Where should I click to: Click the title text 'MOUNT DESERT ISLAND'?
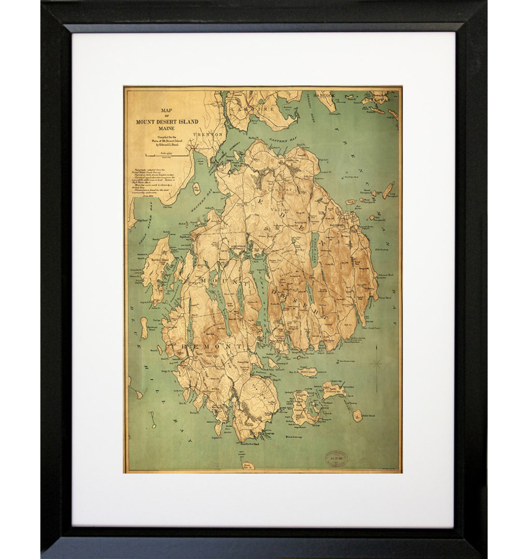click(x=167, y=122)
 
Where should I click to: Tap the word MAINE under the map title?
click(x=167, y=128)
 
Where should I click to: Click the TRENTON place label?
click(x=207, y=135)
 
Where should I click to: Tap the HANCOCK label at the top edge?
click(x=326, y=95)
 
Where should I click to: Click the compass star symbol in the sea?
click(x=376, y=364)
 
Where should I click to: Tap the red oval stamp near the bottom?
click(x=336, y=458)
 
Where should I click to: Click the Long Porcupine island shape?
click(x=388, y=190)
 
